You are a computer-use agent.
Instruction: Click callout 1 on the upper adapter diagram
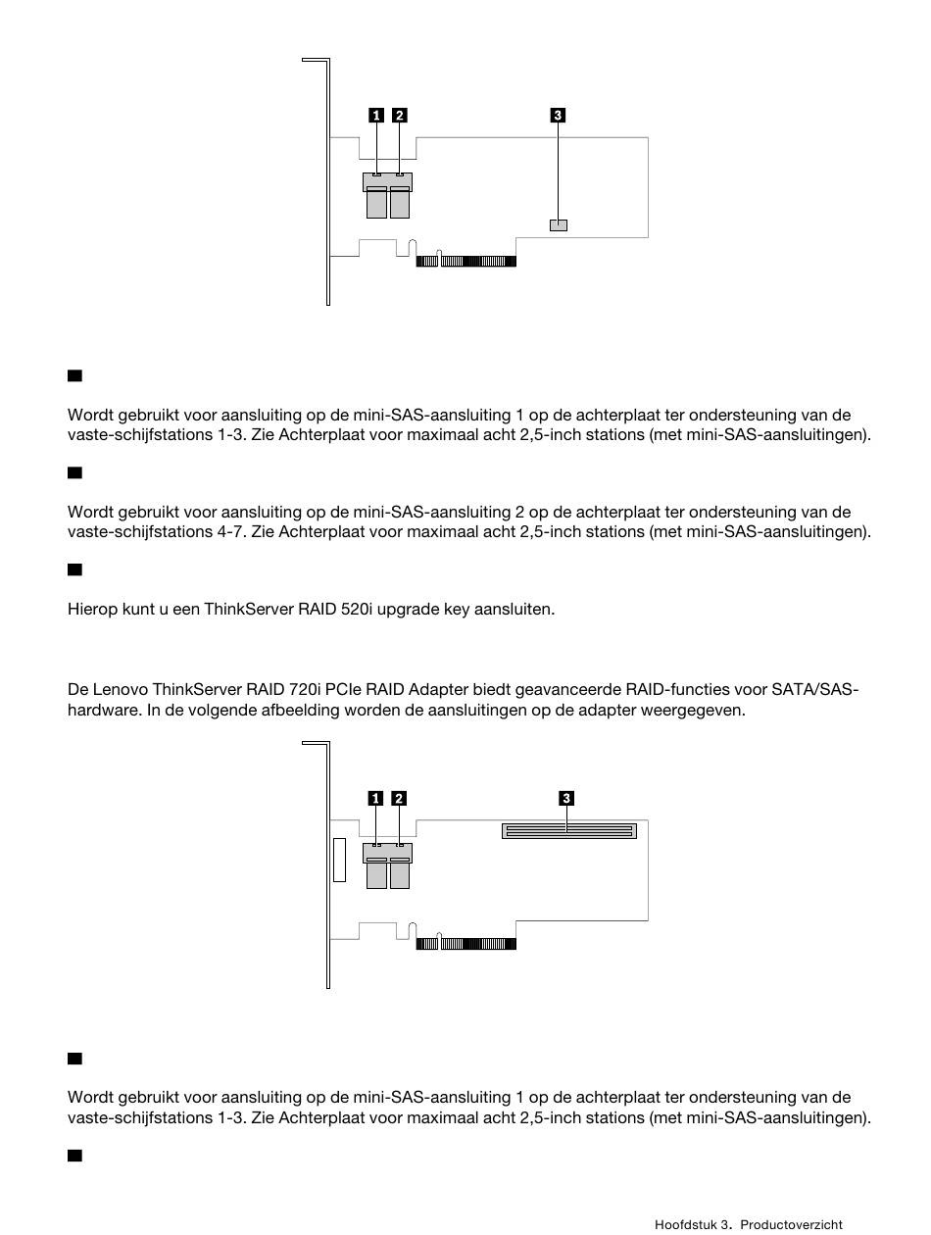click(375, 115)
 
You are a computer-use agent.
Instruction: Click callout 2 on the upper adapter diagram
click(399, 115)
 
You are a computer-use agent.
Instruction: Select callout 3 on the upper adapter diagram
click(558, 115)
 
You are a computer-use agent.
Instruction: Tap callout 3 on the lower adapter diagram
click(565, 798)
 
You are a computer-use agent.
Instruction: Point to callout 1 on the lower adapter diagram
click(375, 798)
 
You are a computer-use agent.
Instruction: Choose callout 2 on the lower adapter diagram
click(399, 798)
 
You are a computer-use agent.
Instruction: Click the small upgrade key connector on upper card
click(559, 224)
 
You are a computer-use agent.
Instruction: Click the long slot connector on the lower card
click(568, 831)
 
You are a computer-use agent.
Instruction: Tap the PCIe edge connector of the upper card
click(465, 261)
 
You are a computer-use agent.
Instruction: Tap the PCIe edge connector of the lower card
click(465, 944)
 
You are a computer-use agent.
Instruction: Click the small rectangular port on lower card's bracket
click(339, 860)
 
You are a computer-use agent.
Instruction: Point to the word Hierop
click(90, 609)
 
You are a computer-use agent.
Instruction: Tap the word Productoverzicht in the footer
click(791, 1224)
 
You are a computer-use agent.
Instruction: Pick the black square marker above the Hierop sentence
click(74, 569)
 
